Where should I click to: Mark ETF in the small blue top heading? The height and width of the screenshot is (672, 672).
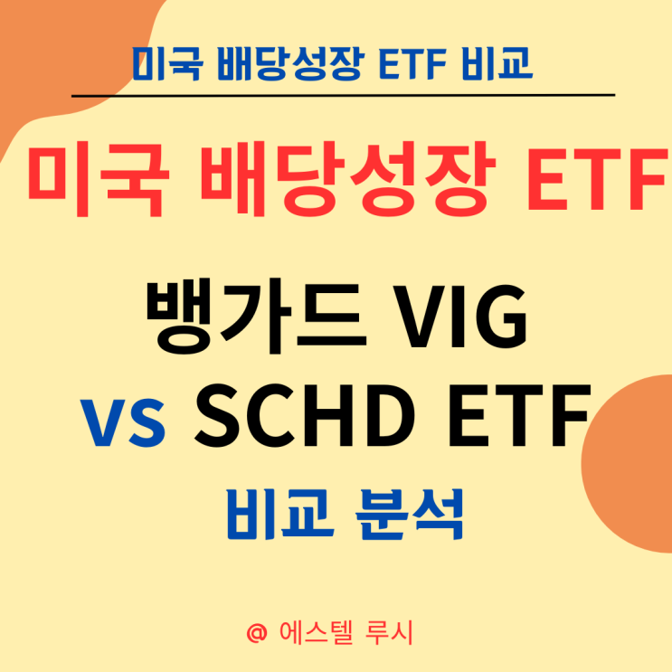point(402,63)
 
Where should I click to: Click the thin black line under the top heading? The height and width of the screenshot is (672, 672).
point(343,94)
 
